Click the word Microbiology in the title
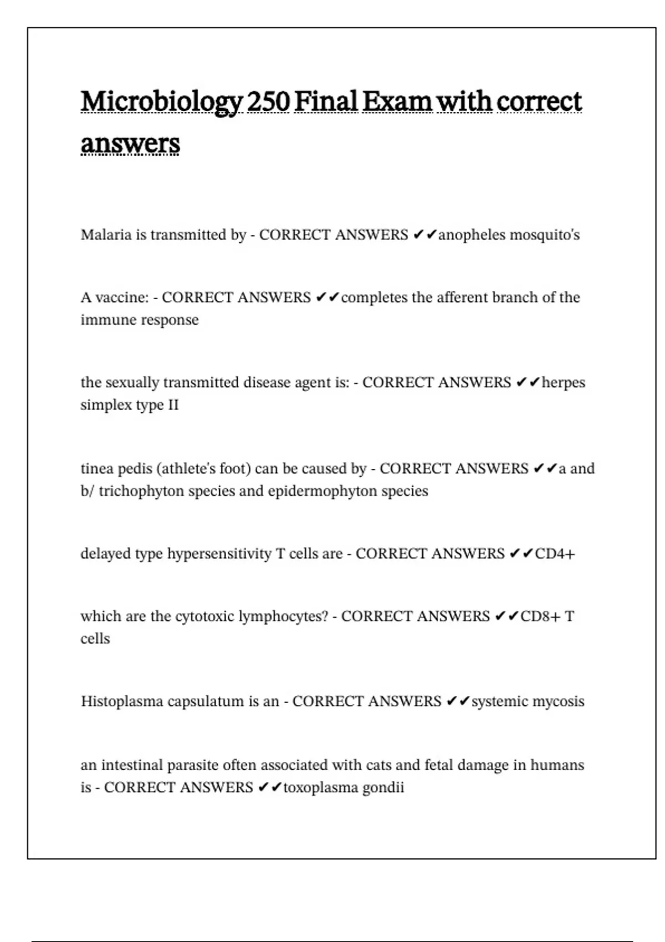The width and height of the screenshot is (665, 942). coord(161,102)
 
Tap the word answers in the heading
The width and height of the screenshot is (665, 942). coord(130,144)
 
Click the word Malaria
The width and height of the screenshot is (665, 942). coord(106,235)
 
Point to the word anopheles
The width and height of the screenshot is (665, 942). coord(472,235)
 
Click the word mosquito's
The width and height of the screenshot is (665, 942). coord(544,235)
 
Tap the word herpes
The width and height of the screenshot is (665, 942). coord(563,383)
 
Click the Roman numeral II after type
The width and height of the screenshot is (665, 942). coord(173,405)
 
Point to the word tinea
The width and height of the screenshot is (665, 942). coord(96,469)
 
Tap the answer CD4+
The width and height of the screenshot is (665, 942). coord(555,554)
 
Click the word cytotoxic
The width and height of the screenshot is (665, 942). coord(204,617)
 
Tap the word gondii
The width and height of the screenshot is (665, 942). coord(383,787)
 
